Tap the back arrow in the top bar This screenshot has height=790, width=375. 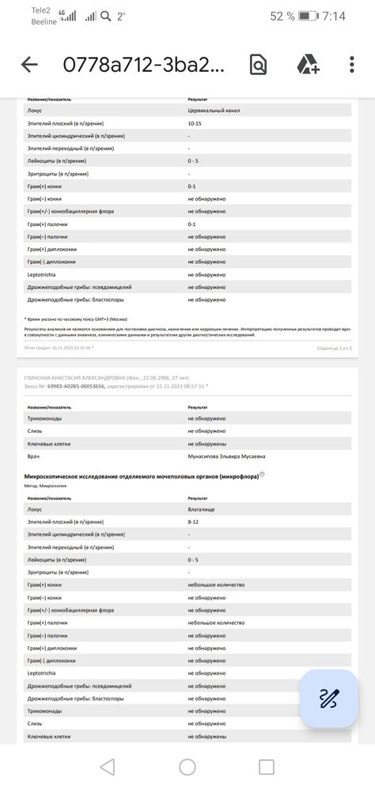pyautogui.click(x=29, y=65)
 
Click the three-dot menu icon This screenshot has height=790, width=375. pyautogui.click(x=352, y=65)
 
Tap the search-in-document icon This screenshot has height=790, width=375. pyautogui.click(x=258, y=65)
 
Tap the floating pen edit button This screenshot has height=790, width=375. pyautogui.click(x=329, y=698)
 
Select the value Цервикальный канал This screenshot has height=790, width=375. pyautogui.click(x=214, y=111)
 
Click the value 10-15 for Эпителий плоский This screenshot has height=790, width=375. pyautogui.click(x=194, y=124)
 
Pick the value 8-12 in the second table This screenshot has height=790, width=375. pyautogui.click(x=194, y=522)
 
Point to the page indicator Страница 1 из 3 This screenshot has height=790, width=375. pyautogui.click(x=334, y=348)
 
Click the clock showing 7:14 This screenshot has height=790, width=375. pyautogui.click(x=333, y=16)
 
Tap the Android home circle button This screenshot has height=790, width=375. pyautogui.click(x=187, y=766)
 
